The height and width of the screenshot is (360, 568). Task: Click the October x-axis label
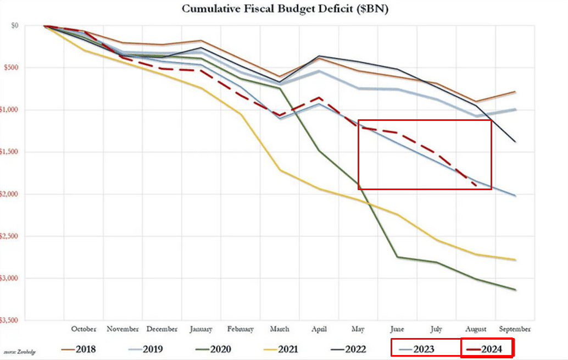click(84, 329)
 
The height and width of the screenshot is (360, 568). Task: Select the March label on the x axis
click(280, 329)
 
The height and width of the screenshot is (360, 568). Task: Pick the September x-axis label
click(515, 329)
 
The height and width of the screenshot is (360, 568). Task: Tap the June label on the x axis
click(398, 329)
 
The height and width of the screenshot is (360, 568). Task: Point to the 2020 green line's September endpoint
click(515, 290)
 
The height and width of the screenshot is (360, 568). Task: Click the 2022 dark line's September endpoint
click(515, 142)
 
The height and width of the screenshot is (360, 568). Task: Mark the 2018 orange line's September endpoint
click(515, 92)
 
